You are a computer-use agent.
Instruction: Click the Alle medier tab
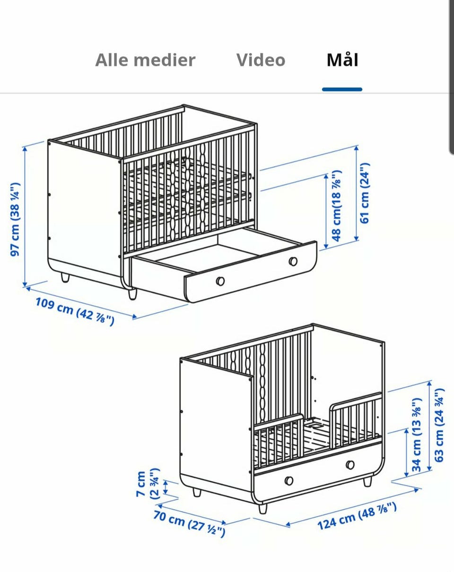(x=145, y=60)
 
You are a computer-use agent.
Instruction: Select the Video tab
(x=261, y=60)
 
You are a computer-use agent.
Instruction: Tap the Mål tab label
(x=342, y=60)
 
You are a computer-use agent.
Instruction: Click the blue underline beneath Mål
(x=342, y=90)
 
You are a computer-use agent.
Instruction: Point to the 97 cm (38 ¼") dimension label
(x=15, y=219)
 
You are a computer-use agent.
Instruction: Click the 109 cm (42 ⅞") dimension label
(x=75, y=312)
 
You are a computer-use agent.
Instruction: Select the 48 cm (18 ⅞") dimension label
(x=336, y=206)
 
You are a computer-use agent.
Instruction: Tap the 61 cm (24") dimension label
(x=365, y=193)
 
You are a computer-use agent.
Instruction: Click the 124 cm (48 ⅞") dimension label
(x=357, y=516)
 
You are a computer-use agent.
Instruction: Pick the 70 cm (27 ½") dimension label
(x=189, y=524)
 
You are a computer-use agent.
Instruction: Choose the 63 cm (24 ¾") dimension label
(x=439, y=426)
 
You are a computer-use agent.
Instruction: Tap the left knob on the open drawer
(x=220, y=281)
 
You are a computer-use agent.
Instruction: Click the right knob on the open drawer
(x=293, y=261)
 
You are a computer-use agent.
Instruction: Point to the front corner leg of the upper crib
(x=132, y=294)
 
